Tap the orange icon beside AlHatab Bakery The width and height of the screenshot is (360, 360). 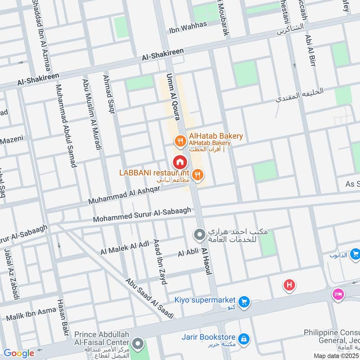pos(180,141)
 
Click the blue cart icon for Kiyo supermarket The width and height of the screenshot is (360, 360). pos(244,301)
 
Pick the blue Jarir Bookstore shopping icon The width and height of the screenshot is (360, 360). pos(243,337)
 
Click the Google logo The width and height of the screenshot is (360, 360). pos(19,353)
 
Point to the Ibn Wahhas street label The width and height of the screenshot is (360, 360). pos(188,27)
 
